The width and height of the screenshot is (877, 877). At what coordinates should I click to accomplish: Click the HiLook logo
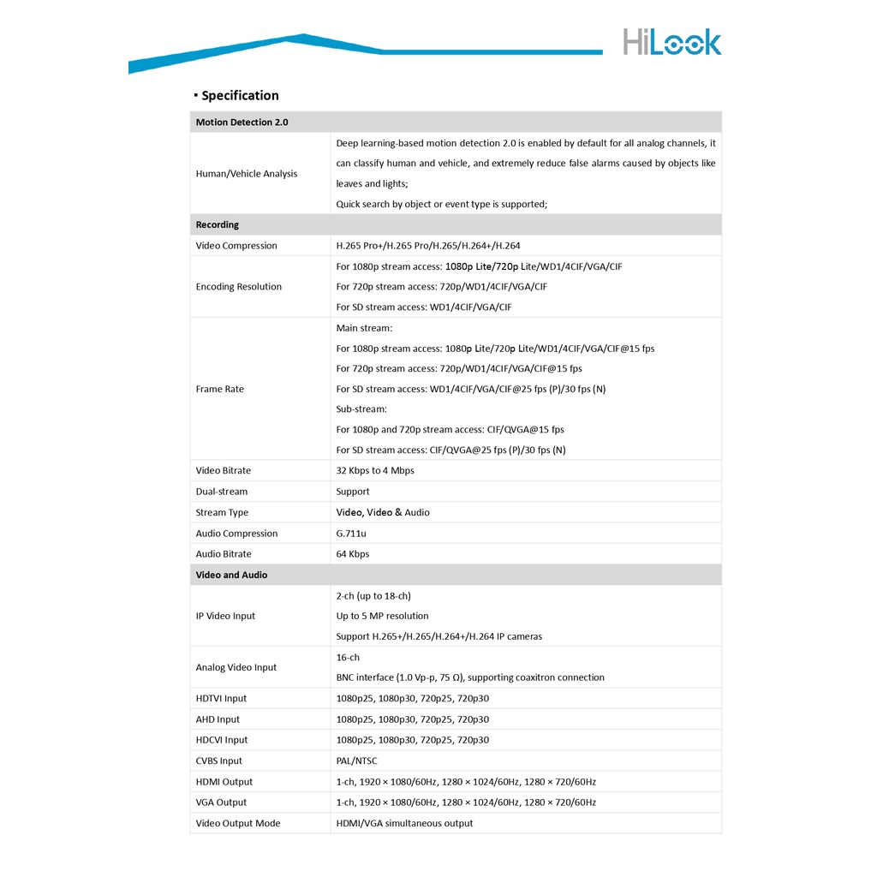click(671, 42)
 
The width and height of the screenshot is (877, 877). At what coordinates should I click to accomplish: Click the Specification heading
click(240, 95)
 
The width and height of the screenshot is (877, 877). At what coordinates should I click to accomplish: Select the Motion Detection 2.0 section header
click(242, 122)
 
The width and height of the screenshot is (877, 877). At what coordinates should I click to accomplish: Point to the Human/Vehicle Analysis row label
click(247, 174)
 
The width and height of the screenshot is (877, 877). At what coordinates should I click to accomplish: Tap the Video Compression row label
click(236, 246)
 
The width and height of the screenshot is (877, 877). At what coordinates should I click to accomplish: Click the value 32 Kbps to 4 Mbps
click(375, 471)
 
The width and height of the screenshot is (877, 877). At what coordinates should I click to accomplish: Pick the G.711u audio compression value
click(351, 534)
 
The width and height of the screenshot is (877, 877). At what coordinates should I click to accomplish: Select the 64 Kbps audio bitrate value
click(353, 554)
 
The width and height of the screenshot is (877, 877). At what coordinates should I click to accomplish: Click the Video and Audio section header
click(231, 576)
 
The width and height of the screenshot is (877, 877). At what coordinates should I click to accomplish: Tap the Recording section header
click(218, 225)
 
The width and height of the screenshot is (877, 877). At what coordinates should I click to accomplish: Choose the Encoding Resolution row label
click(238, 287)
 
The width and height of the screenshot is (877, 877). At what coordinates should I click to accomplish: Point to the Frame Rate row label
click(220, 390)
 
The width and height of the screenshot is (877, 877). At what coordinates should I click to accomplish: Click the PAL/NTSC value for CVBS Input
click(356, 761)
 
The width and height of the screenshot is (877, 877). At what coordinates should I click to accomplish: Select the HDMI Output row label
click(224, 782)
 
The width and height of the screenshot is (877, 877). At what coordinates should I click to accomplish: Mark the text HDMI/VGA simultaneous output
click(404, 824)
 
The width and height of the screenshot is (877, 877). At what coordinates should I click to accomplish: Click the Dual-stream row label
click(222, 492)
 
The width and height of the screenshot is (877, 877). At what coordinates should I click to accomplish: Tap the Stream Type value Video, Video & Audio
click(383, 513)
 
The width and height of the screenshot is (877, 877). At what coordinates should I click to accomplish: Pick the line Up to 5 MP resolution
click(383, 617)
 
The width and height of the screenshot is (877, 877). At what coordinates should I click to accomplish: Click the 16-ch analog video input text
click(349, 658)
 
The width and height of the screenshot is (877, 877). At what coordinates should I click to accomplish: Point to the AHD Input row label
click(218, 720)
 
